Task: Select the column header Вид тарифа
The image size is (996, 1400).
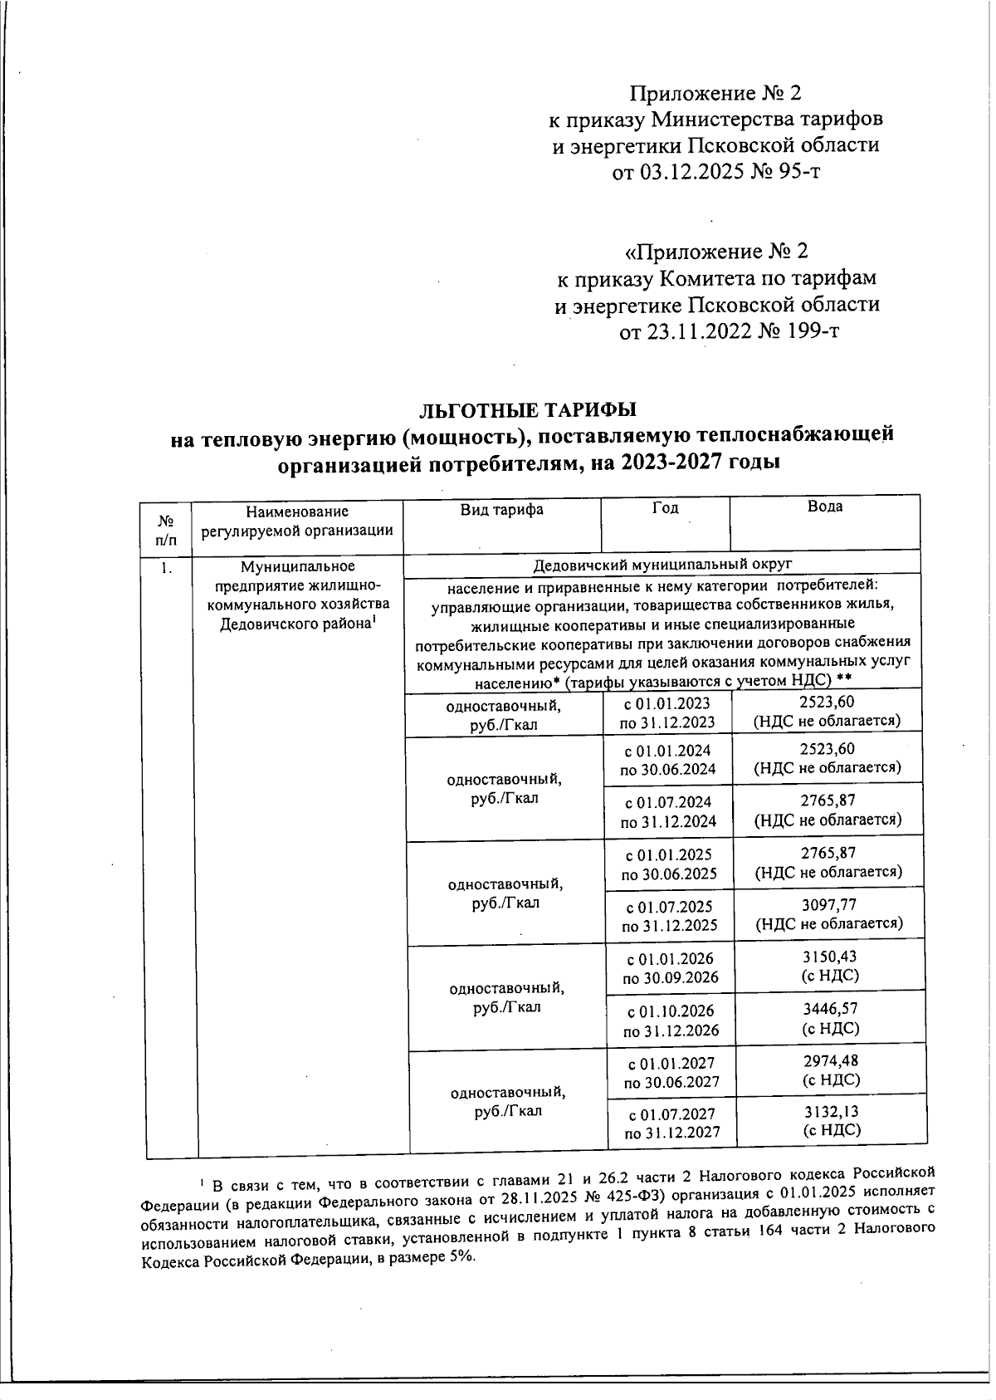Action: tap(501, 509)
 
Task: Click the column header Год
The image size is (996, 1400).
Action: tap(665, 507)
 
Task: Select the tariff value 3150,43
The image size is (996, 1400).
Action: tap(829, 957)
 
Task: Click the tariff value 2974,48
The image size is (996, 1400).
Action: tap(831, 1061)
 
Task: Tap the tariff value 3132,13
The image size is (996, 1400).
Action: tap(831, 1113)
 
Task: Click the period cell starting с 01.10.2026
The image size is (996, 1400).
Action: tap(671, 1021)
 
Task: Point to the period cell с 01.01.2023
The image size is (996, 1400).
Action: tap(667, 712)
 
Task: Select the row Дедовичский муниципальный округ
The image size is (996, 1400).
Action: tap(662, 564)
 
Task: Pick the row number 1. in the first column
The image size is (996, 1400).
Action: tap(167, 569)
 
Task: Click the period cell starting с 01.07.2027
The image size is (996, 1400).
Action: tap(671, 1123)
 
